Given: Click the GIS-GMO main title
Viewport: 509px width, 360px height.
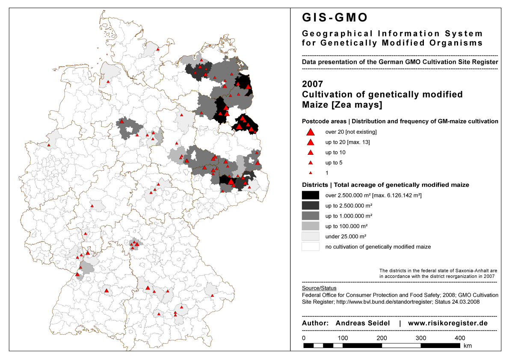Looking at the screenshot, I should click(334, 18).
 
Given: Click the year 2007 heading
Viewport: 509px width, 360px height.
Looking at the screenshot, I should click(313, 84).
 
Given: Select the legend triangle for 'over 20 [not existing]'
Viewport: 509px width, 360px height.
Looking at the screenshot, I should click(311, 132).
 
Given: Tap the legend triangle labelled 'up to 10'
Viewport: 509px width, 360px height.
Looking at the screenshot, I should click(311, 153).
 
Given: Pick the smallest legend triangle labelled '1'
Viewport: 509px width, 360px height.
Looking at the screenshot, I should click(311, 173).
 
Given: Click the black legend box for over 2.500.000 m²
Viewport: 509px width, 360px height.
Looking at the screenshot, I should click(311, 195).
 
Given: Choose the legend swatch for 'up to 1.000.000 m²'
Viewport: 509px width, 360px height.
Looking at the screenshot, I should click(311, 216).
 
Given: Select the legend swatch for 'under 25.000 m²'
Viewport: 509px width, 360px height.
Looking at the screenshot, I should click(311, 236).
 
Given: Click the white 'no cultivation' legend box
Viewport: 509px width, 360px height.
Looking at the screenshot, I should click(311, 247).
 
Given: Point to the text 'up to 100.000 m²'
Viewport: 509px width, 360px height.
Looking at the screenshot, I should click(346, 226).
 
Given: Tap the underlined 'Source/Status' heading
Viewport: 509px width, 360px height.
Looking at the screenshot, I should click(319, 288).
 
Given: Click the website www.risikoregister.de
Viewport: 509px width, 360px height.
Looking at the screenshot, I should click(448, 323).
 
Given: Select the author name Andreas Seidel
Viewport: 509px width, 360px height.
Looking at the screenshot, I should click(363, 323).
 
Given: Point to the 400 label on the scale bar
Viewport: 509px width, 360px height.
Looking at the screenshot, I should click(460, 338).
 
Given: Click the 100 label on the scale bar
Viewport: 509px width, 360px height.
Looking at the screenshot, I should click(342, 338).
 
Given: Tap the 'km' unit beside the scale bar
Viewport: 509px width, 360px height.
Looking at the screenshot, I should click(468, 345).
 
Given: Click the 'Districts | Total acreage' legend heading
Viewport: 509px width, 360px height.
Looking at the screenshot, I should click(385, 185).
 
